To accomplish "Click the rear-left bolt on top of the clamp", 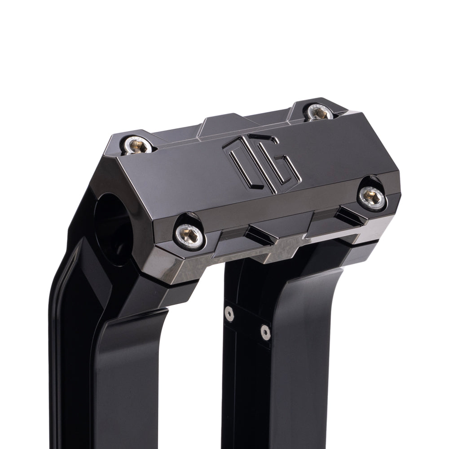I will (x=137, y=145).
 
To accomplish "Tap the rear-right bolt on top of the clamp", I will (x=319, y=113).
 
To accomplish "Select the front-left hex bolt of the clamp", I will (x=189, y=233).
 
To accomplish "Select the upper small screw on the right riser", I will (x=229, y=314).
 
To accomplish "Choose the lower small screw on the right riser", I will (x=265, y=332).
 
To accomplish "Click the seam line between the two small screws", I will (x=247, y=323).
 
